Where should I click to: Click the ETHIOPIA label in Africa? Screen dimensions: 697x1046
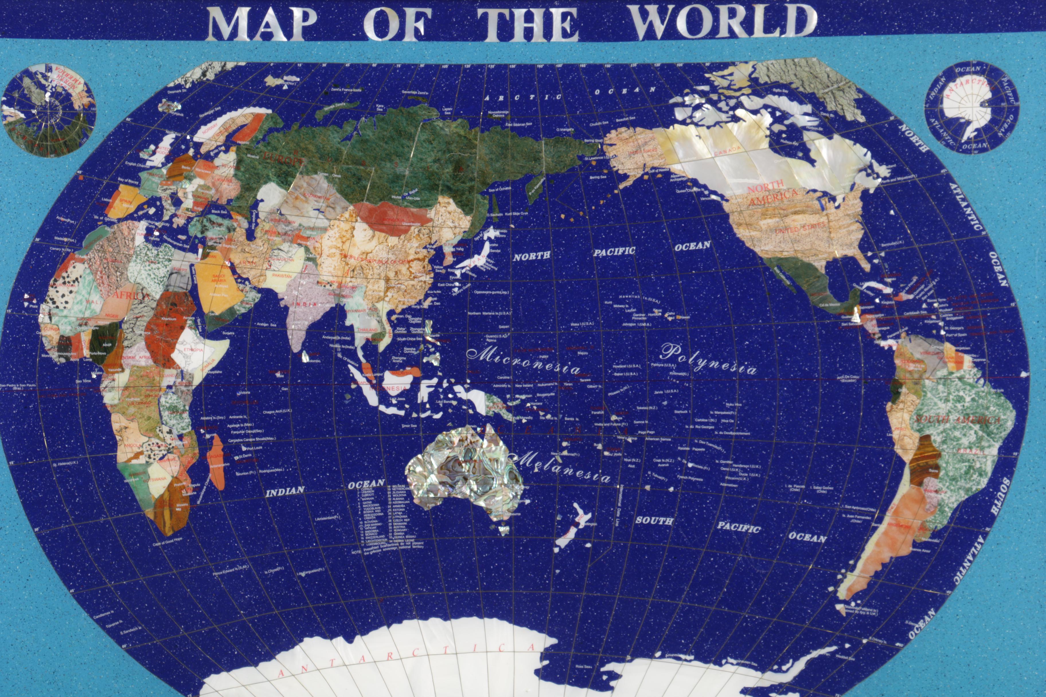(x=193, y=350)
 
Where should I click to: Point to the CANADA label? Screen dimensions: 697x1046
(x=727, y=150)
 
